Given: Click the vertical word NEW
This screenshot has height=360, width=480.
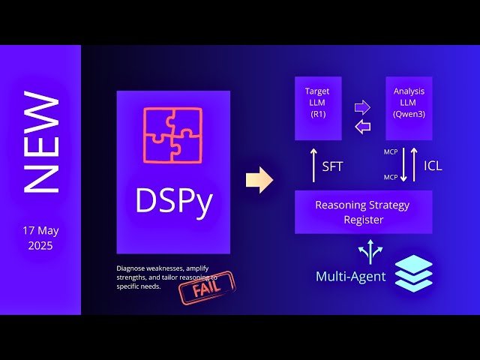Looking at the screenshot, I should click(41, 142).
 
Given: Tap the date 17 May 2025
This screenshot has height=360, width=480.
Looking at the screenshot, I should click(40, 238).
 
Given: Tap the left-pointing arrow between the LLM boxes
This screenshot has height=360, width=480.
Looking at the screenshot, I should click(363, 127).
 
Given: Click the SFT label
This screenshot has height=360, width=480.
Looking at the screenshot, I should click(332, 166).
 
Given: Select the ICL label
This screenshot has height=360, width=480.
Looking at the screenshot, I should click(433, 166).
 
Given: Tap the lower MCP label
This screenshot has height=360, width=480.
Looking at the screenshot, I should click(390, 177).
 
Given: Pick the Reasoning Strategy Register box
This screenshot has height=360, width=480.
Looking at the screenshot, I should click(363, 211).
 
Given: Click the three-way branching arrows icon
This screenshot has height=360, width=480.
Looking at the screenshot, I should click(370, 251).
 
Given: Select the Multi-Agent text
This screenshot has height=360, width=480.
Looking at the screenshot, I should click(350, 277).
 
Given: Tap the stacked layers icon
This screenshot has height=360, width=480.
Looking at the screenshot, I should click(413, 274).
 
